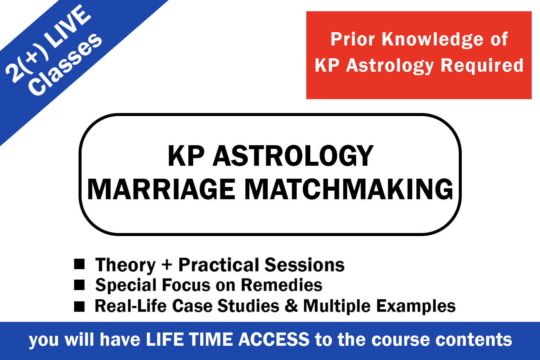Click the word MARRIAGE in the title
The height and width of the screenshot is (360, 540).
161,189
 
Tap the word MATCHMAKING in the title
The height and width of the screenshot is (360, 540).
349,189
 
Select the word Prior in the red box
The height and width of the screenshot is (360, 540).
353,39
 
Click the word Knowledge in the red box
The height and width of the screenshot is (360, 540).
433,39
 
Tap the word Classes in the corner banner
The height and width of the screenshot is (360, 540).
65,65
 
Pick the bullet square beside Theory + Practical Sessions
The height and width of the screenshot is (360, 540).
79,264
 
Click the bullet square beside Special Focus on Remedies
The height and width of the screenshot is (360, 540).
79,285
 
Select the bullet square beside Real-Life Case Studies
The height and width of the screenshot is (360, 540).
79,307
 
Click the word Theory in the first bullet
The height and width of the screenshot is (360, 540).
126,265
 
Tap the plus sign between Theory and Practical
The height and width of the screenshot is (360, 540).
167,265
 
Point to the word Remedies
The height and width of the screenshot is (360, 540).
281,285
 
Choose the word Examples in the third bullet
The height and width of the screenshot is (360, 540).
416,307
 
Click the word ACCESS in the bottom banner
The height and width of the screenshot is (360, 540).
274,339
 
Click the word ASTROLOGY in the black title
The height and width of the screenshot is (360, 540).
293,156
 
